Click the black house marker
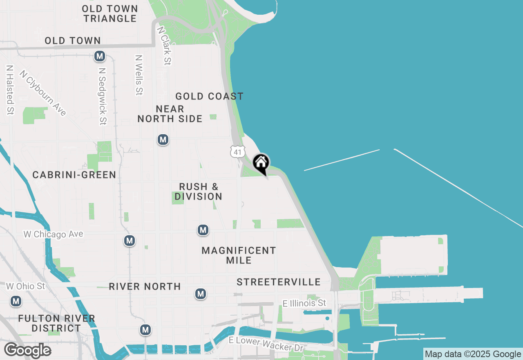261,163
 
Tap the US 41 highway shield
237,152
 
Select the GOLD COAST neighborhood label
209,97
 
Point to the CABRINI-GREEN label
74,175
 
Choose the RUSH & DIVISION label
199,192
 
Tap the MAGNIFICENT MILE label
239,255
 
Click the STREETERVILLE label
279,282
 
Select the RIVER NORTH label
145,287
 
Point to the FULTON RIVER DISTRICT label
57,323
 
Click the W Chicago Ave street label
53,234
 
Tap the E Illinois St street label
304,303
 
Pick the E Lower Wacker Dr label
266,344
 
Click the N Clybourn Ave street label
43,93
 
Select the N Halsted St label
10,90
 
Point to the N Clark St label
164,46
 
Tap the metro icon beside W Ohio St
16,301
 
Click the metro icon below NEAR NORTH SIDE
163,140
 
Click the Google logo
27,351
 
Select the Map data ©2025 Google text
473,354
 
